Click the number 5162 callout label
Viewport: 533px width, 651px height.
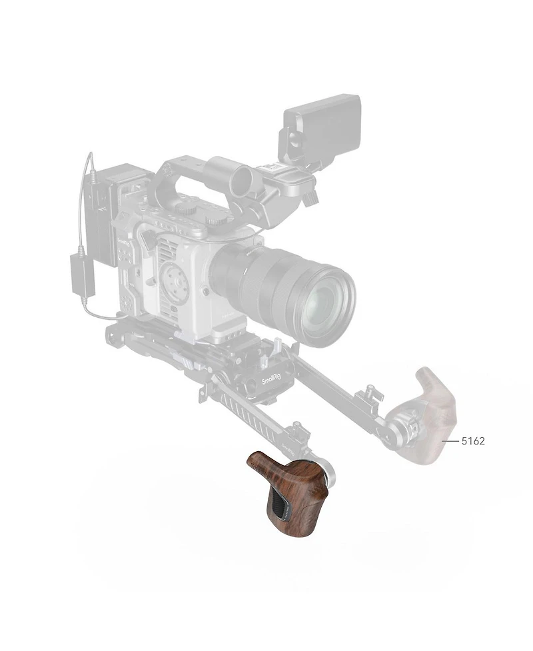[x=473, y=441]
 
